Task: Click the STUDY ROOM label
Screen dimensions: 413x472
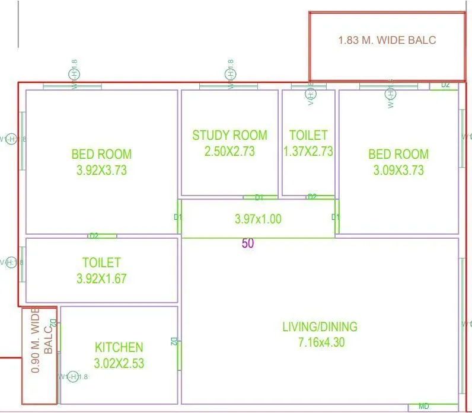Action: (x=229, y=135)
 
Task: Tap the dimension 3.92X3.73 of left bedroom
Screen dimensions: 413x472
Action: (x=101, y=171)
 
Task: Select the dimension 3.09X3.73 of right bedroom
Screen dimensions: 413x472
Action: (x=398, y=171)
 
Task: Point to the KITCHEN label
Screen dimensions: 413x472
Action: (x=119, y=347)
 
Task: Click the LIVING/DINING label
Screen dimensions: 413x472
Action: (x=320, y=326)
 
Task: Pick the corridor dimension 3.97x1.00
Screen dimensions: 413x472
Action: (x=258, y=219)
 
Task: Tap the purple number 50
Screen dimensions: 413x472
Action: (x=248, y=243)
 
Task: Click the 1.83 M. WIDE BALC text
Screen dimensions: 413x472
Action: (x=387, y=40)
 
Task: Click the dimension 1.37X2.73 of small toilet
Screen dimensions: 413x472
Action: (x=308, y=151)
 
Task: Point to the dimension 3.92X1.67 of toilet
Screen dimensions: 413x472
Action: (x=101, y=278)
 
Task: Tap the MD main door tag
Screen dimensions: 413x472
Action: (x=424, y=406)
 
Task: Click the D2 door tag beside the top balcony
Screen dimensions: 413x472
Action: (x=445, y=85)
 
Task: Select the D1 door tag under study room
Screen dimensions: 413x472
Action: (x=259, y=197)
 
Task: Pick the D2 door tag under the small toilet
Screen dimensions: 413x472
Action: (x=312, y=197)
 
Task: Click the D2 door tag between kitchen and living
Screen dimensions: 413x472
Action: (x=174, y=341)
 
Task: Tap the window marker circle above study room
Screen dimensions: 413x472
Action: (x=231, y=74)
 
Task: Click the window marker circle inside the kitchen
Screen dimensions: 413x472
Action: (x=74, y=377)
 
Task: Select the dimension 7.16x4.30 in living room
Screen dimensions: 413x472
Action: (x=320, y=342)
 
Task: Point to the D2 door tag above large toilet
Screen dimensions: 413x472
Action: (x=94, y=236)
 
